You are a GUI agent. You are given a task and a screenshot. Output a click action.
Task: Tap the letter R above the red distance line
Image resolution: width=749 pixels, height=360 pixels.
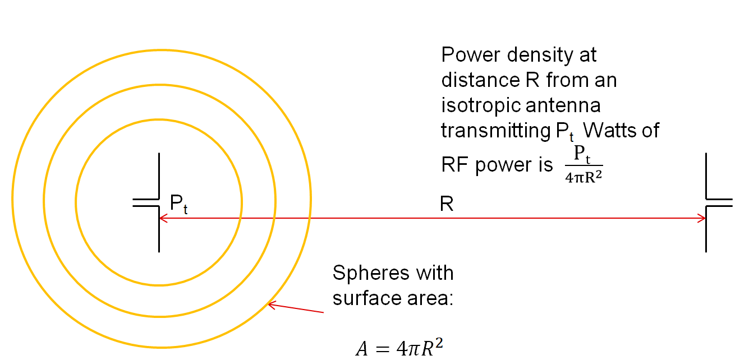point(447,204)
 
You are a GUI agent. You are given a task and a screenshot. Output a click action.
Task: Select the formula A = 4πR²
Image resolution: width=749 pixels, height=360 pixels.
point(402,348)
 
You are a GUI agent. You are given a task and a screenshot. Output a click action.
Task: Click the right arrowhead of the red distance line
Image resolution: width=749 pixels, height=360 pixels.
point(702,218)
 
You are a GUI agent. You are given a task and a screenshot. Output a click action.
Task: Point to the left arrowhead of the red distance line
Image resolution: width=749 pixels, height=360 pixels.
point(163,218)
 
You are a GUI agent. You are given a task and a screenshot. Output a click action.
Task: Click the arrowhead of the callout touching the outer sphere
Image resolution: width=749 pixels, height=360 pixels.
point(272,304)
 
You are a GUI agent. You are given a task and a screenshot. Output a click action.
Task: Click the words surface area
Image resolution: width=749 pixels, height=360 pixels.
point(392,298)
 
